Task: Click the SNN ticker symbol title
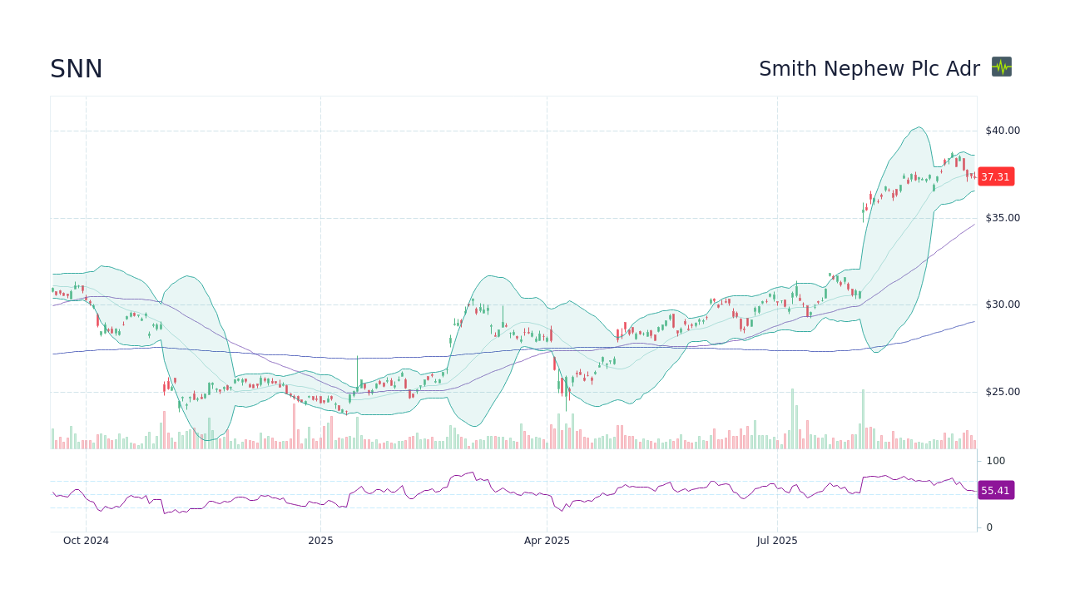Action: click(x=77, y=70)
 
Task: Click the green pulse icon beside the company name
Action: click(x=1002, y=67)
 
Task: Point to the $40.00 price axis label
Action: click(x=1002, y=131)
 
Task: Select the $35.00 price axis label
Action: click(x=1002, y=218)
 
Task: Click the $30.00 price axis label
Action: click(x=1002, y=304)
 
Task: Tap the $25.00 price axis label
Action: click(x=1002, y=392)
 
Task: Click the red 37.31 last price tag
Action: click(x=995, y=176)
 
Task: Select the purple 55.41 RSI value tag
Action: click(x=995, y=491)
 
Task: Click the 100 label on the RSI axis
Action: click(x=996, y=461)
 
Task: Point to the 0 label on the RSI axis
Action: click(x=990, y=527)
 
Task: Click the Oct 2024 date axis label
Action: click(x=86, y=541)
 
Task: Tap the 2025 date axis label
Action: click(x=320, y=541)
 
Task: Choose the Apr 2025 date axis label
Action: click(x=547, y=541)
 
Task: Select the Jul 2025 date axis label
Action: click(x=777, y=541)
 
